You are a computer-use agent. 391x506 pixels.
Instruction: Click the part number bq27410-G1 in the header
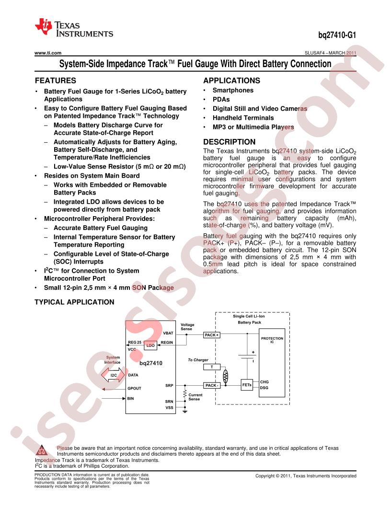click(x=337, y=35)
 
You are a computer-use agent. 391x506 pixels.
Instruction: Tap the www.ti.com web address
click(x=48, y=53)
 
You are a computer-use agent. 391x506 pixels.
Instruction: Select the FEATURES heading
click(x=56, y=80)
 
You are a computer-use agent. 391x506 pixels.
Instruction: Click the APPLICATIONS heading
click(x=231, y=80)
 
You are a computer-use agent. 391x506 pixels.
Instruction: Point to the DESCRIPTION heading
click(x=230, y=142)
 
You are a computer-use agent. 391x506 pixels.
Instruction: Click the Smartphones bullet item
click(x=233, y=91)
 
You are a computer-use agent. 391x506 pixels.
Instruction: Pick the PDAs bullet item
click(x=221, y=99)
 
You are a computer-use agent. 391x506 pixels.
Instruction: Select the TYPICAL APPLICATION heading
click(x=75, y=302)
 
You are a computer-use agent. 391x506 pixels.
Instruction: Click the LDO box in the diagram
click(x=150, y=345)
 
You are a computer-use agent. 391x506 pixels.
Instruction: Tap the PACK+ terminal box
click(x=211, y=335)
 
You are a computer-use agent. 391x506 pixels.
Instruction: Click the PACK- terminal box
click(x=212, y=385)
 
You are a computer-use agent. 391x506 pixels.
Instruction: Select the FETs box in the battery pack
click(x=247, y=385)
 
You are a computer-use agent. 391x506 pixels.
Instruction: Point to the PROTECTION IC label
click(x=272, y=340)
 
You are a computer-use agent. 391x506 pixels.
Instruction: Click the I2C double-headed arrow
click(x=113, y=375)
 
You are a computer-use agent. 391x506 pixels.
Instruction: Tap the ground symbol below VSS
click(x=185, y=412)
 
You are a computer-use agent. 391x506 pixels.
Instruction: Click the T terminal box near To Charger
click(x=212, y=367)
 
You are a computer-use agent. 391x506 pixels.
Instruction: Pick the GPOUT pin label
click(x=134, y=388)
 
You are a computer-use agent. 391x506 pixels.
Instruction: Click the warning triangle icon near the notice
click(x=42, y=450)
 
